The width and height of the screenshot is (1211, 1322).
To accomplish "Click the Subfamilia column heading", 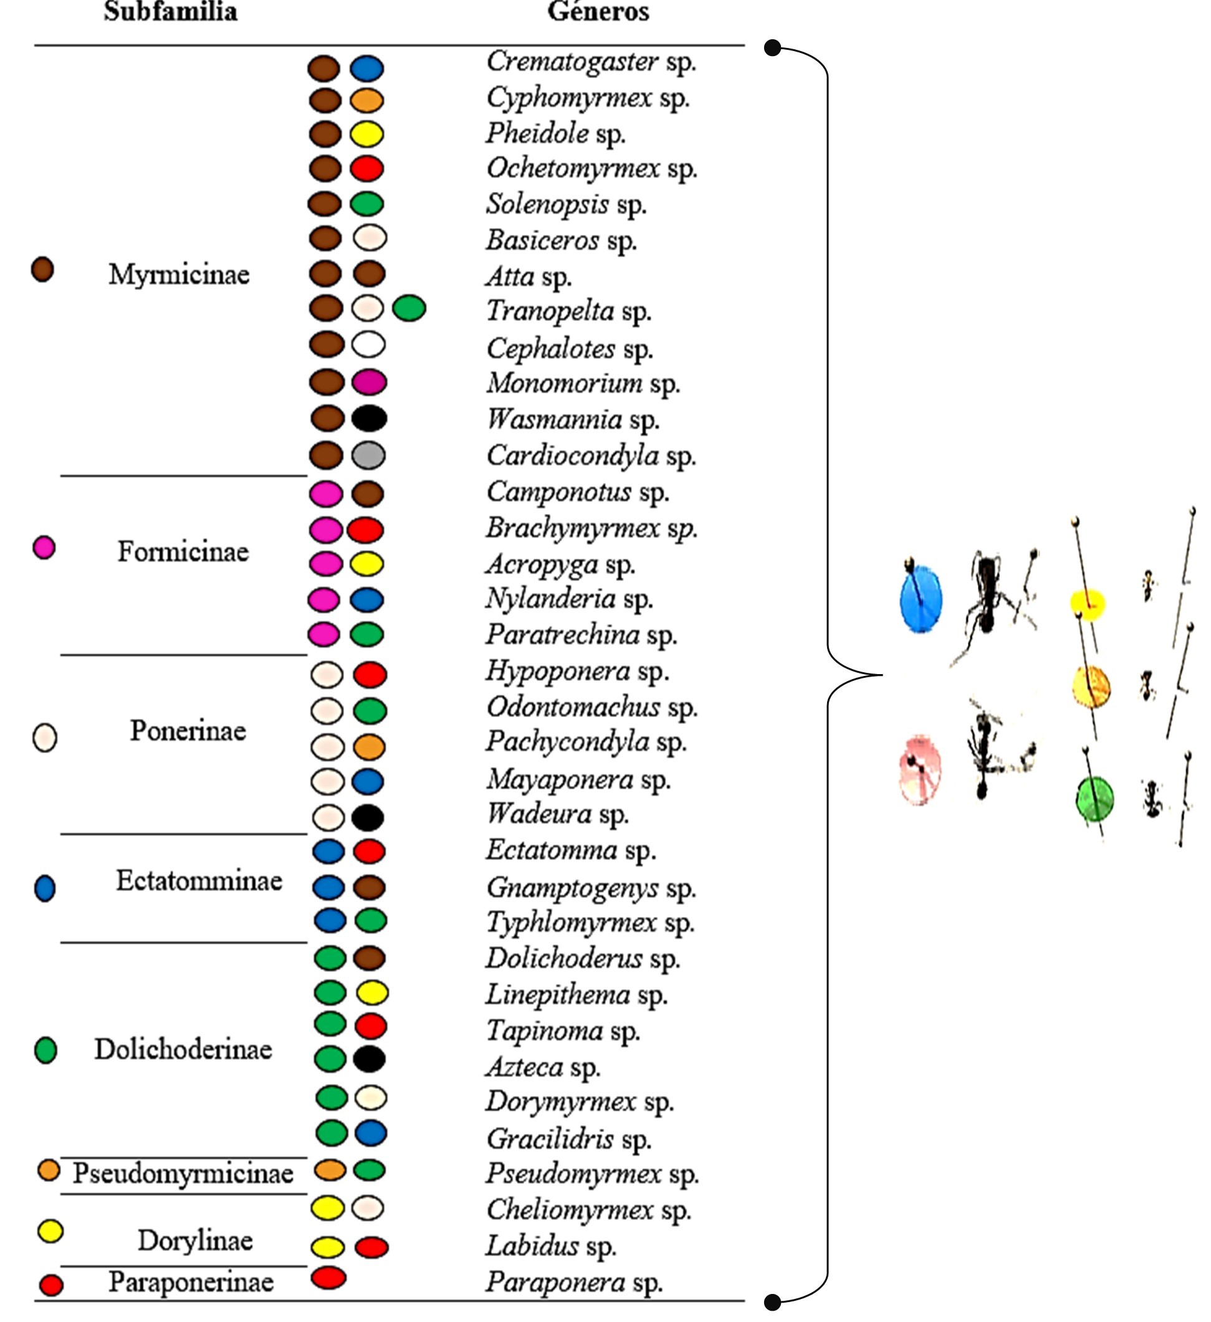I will click(x=171, y=12).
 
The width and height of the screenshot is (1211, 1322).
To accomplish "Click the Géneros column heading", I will click(x=598, y=12).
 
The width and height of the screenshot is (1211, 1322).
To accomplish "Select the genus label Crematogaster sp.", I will click(x=590, y=63).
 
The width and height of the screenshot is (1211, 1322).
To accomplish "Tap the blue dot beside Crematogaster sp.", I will click(x=366, y=67).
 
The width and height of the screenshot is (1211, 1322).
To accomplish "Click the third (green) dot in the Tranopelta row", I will click(x=409, y=308).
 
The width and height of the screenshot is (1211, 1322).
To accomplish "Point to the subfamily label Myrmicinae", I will click(x=178, y=274).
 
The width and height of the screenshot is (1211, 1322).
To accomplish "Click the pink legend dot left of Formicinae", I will click(x=44, y=547).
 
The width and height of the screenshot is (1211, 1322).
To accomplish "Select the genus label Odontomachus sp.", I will click(x=591, y=708).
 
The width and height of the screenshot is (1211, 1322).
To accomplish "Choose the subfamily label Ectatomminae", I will click(x=199, y=881).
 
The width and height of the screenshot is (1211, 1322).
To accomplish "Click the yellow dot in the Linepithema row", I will click(x=372, y=993).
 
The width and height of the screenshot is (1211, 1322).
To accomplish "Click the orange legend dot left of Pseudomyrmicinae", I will click(x=49, y=1170).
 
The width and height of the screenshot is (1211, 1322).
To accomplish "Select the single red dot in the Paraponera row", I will click(x=328, y=1277).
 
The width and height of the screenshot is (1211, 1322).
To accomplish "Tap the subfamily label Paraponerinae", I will click(x=191, y=1282).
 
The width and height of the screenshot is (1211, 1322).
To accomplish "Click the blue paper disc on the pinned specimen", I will click(x=921, y=599).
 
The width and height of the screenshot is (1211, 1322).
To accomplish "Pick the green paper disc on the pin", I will click(x=1094, y=799).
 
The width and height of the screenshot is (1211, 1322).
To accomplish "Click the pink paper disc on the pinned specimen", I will click(x=919, y=769).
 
